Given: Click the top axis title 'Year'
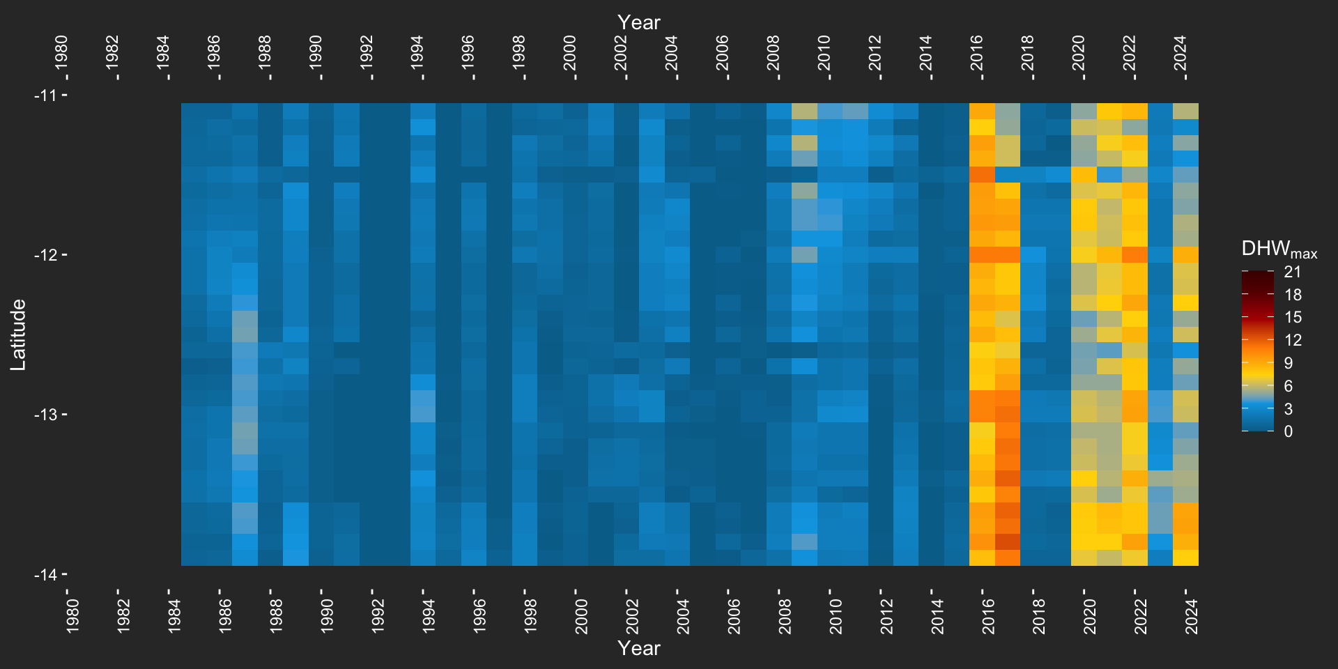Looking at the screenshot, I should click(638, 22).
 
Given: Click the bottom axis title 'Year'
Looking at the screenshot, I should click(638, 648).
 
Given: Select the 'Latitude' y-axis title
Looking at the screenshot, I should click(18, 334).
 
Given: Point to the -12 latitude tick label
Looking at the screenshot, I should click(45, 255).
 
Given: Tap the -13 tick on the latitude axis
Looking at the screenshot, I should click(45, 415).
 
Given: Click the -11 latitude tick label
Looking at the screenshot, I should click(45, 95).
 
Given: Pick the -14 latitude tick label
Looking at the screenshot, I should click(45, 575).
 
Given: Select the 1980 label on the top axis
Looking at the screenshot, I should click(62, 53).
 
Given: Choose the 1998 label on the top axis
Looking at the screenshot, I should click(519, 53).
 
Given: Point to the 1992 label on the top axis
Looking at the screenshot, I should click(367, 53).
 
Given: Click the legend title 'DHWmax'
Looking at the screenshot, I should click(1279, 249).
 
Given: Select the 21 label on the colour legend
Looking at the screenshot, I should click(1293, 272).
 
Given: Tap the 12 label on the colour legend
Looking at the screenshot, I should click(1293, 340).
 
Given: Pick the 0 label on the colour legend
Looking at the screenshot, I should click(1289, 431).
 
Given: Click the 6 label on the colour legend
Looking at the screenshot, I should click(1289, 385).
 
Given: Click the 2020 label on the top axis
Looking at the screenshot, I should click(1079, 53).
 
